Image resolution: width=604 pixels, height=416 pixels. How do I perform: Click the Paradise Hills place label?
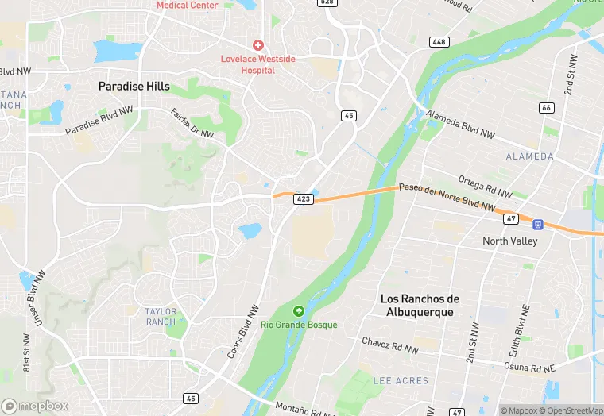[134, 86]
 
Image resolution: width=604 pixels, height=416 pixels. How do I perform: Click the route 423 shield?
[302, 198]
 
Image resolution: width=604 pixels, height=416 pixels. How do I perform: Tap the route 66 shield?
[545, 107]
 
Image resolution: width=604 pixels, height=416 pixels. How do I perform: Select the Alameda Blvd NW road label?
[460, 125]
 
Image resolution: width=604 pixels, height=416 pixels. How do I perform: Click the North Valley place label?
[510, 241]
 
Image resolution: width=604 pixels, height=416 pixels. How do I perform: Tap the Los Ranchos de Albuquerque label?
[420, 305]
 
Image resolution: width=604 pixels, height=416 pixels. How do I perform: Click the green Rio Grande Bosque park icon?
[299, 310]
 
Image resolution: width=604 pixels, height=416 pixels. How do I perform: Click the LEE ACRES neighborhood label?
[401, 381]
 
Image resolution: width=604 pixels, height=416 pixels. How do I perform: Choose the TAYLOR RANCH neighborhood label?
[161, 316]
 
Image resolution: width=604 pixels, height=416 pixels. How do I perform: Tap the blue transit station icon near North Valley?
[538, 225]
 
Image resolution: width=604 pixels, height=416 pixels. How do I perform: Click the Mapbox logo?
[36, 406]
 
